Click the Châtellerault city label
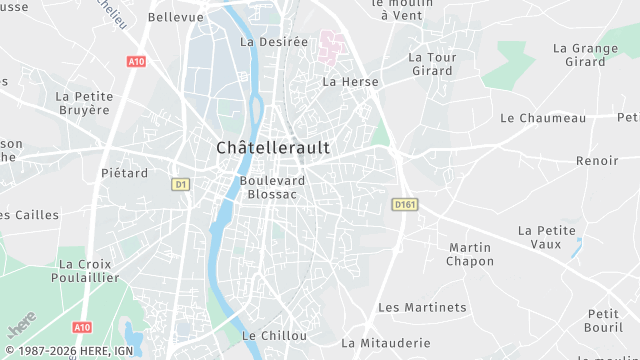click(x=273, y=147)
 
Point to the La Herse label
click(x=344, y=81)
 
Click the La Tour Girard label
click(x=432, y=64)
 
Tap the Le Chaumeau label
click(x=543, y=118)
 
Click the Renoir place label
click(x=597, y=160)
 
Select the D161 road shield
click(x=403, y=205)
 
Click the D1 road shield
click(x=181, y=184)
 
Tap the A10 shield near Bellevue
click(x=137, y=61)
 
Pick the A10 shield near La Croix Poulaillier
click(x=82, y=327)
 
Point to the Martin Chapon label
click(x=470, y=254)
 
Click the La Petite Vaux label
click(x=546, y=236)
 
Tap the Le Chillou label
click(x=275, y=336)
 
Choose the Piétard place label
click(x=125, y=173)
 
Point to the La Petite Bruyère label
click(x=84, y=103)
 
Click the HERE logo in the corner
click(x=22, y=327)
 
